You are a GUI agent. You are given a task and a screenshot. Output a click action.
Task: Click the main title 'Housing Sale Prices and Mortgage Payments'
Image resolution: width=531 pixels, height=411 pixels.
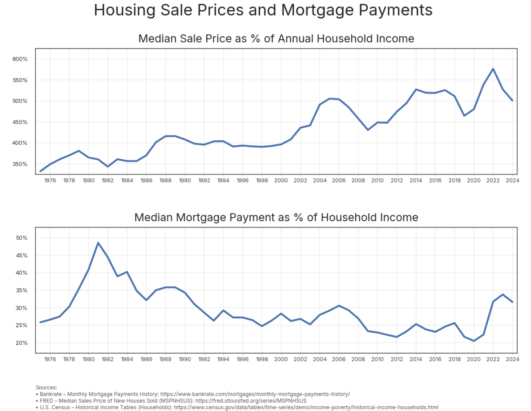coord(263,10)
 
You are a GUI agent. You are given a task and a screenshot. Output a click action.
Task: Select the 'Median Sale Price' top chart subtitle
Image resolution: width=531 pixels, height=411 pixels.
coord(276,39)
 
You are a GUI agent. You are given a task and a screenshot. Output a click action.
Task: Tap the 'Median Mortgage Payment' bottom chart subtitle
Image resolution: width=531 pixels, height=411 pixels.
coord(276,218)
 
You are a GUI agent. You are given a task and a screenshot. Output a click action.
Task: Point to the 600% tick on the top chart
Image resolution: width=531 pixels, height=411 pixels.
coord(20,59)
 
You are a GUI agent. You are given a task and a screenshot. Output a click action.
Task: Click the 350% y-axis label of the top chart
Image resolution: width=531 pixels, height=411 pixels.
coord(20,164)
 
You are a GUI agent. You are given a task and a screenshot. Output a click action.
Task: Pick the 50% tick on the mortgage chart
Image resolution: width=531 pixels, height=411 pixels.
coord(22,238)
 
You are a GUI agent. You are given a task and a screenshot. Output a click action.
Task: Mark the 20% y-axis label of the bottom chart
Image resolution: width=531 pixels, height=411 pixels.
coord(22,343)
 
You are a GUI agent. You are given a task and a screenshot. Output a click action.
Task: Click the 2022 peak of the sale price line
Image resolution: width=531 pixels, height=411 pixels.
coord(493,69)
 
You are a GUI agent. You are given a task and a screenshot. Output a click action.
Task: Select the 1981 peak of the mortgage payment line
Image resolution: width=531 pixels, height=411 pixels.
coord(98,243)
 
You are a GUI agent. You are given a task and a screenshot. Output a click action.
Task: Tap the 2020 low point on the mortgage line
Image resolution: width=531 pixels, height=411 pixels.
coord(474,341)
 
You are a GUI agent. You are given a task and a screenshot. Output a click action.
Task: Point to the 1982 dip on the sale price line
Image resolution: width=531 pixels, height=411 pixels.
coord(107,167)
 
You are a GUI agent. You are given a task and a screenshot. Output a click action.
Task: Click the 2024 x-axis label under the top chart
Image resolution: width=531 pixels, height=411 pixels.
coord(513,181)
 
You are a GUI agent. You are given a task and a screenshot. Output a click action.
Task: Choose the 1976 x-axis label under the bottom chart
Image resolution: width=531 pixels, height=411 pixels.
coord(50,359)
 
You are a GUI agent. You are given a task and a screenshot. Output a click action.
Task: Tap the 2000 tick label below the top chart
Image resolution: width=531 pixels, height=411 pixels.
coord(281,181)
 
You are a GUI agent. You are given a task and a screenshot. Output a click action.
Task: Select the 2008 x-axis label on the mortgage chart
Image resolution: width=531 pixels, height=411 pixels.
coord(358,359)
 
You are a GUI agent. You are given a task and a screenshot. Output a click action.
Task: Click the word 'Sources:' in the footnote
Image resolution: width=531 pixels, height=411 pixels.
coord(47,388)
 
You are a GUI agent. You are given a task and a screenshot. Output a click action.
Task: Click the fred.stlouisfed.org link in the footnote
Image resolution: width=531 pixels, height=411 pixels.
coord(251,401)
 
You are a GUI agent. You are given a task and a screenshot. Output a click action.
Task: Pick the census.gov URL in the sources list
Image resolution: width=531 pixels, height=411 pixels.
coord(306,407)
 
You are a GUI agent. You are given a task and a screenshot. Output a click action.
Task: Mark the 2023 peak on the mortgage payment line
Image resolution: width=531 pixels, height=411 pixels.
coord(503,295)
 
